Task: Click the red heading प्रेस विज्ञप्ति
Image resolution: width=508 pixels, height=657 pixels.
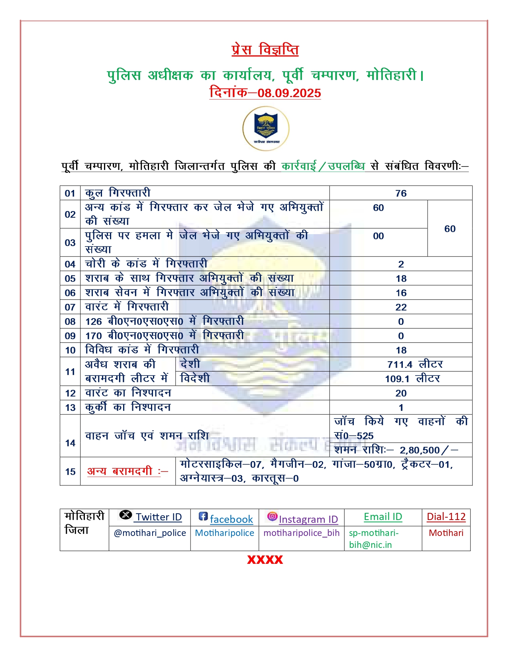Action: point(265,50)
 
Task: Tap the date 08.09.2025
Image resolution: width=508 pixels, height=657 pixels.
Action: point(289,93)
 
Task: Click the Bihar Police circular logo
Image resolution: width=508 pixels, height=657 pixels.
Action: point(266,128)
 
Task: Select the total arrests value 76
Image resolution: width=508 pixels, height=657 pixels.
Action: point(401,193)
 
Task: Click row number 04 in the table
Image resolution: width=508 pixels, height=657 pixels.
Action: point(70,264)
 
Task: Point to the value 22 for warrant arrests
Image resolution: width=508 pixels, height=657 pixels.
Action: point(401,307)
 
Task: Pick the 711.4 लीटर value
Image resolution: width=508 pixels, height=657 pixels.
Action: point(415,364)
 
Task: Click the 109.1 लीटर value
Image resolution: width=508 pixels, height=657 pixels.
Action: point(412,379)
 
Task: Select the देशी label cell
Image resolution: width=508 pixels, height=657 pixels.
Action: point(190,364)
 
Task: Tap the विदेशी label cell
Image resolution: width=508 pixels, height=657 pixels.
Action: point(195,378)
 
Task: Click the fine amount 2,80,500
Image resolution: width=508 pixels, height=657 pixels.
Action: point(420,450)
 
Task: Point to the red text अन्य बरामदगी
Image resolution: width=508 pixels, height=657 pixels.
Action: point(124,471)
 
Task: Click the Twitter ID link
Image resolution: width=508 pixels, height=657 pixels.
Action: point(158,517)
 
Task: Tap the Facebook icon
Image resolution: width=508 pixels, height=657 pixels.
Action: point(203,516)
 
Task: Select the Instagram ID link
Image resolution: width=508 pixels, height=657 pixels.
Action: point(308,519)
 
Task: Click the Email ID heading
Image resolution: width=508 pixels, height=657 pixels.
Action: point(383,517)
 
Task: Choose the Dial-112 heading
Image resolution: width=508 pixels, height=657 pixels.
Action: point(446,517)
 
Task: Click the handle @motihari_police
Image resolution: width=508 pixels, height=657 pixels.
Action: point(150,533)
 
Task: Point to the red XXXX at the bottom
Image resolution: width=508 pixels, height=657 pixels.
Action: point(265,559)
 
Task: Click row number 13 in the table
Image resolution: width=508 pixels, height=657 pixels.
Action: point(70,407)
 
